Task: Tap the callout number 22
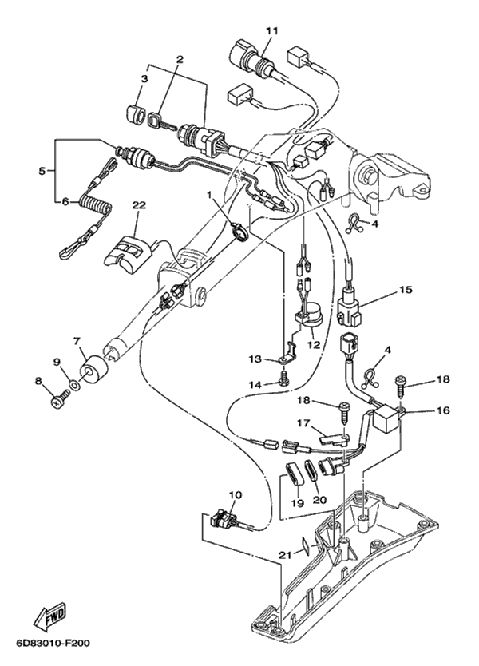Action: point(139,205)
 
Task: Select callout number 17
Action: point(303,424)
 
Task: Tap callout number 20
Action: point(319,500)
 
